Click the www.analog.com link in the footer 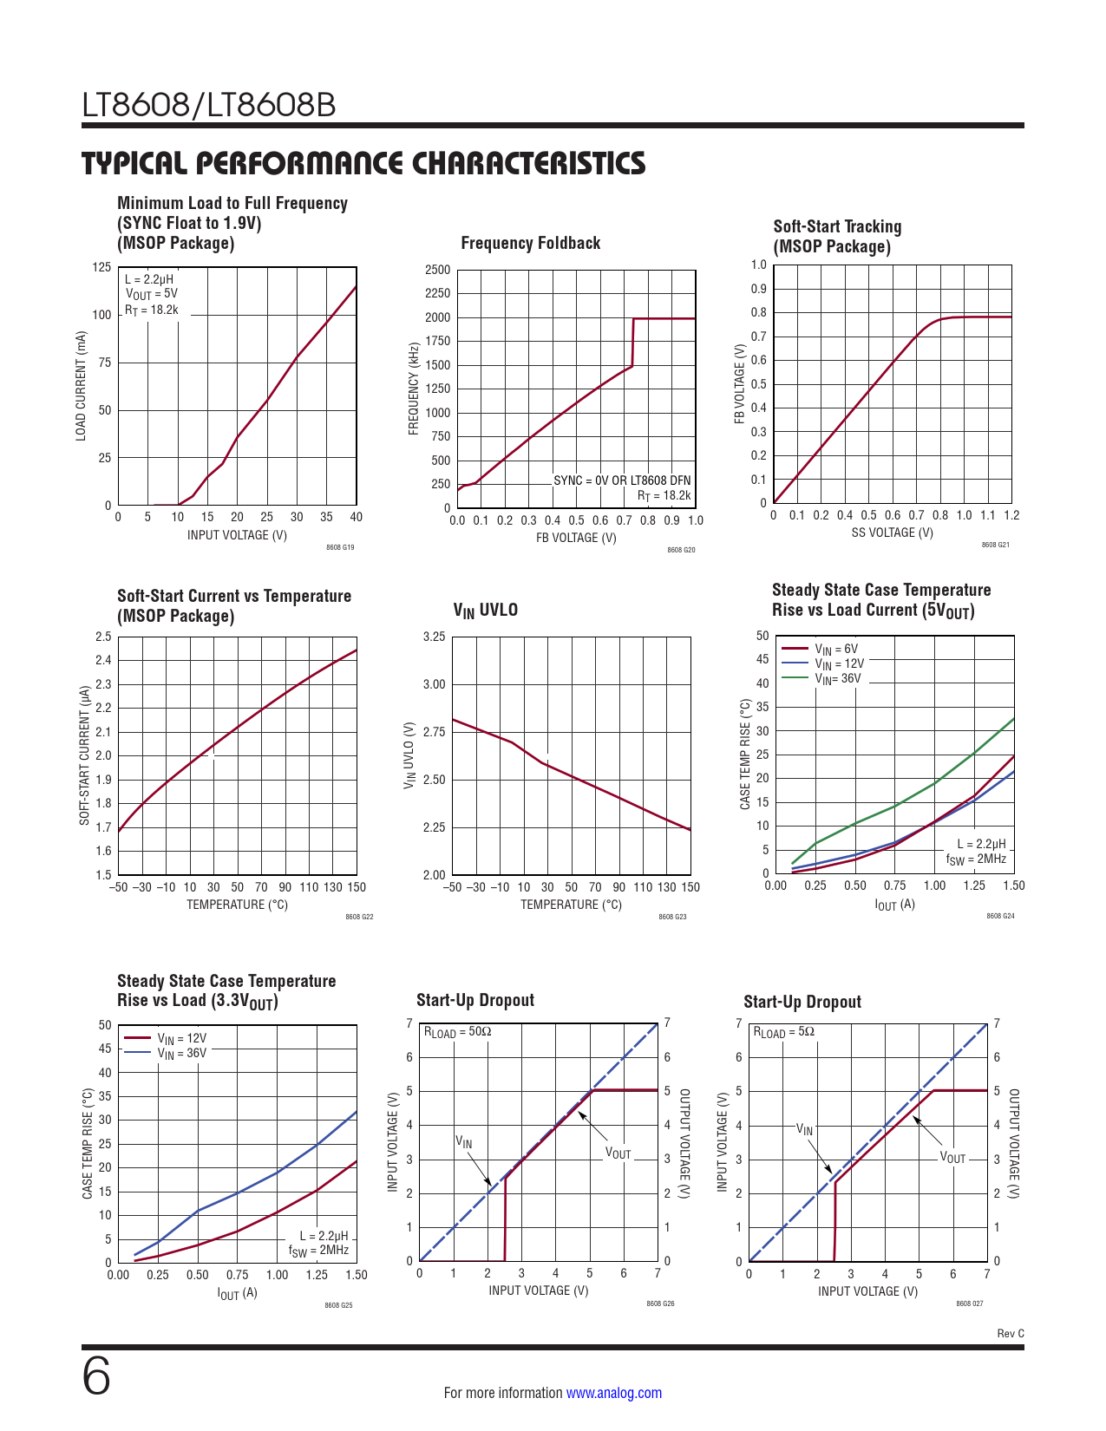click(x=613, y=1393)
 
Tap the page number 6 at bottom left click(x=96, y=1377)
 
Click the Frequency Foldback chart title click(x=530, y=243)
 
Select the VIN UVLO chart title click(x=485, y=611)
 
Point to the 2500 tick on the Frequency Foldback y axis click(x=437, y=270)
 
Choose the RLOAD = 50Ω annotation click(x=457, y=1032)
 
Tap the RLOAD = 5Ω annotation click(x=783, y=1032)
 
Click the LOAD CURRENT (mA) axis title click(x=82, y=386)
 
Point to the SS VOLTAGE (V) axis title click(x=892, y=533)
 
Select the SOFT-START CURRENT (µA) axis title click(x=85, y=755)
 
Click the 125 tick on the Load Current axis click(x=101, y=267)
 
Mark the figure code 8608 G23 click(x=672, y=917)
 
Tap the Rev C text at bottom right click(x=1011, y=1333)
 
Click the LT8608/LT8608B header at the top click(x=209, y=106)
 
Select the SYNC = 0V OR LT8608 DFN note click(x=622, y=480)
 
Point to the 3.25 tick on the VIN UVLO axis click(x=434, y=637)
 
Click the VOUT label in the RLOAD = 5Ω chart click(x=952, y=1158)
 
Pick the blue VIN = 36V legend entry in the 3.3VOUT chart click(x=181, y=1053)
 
